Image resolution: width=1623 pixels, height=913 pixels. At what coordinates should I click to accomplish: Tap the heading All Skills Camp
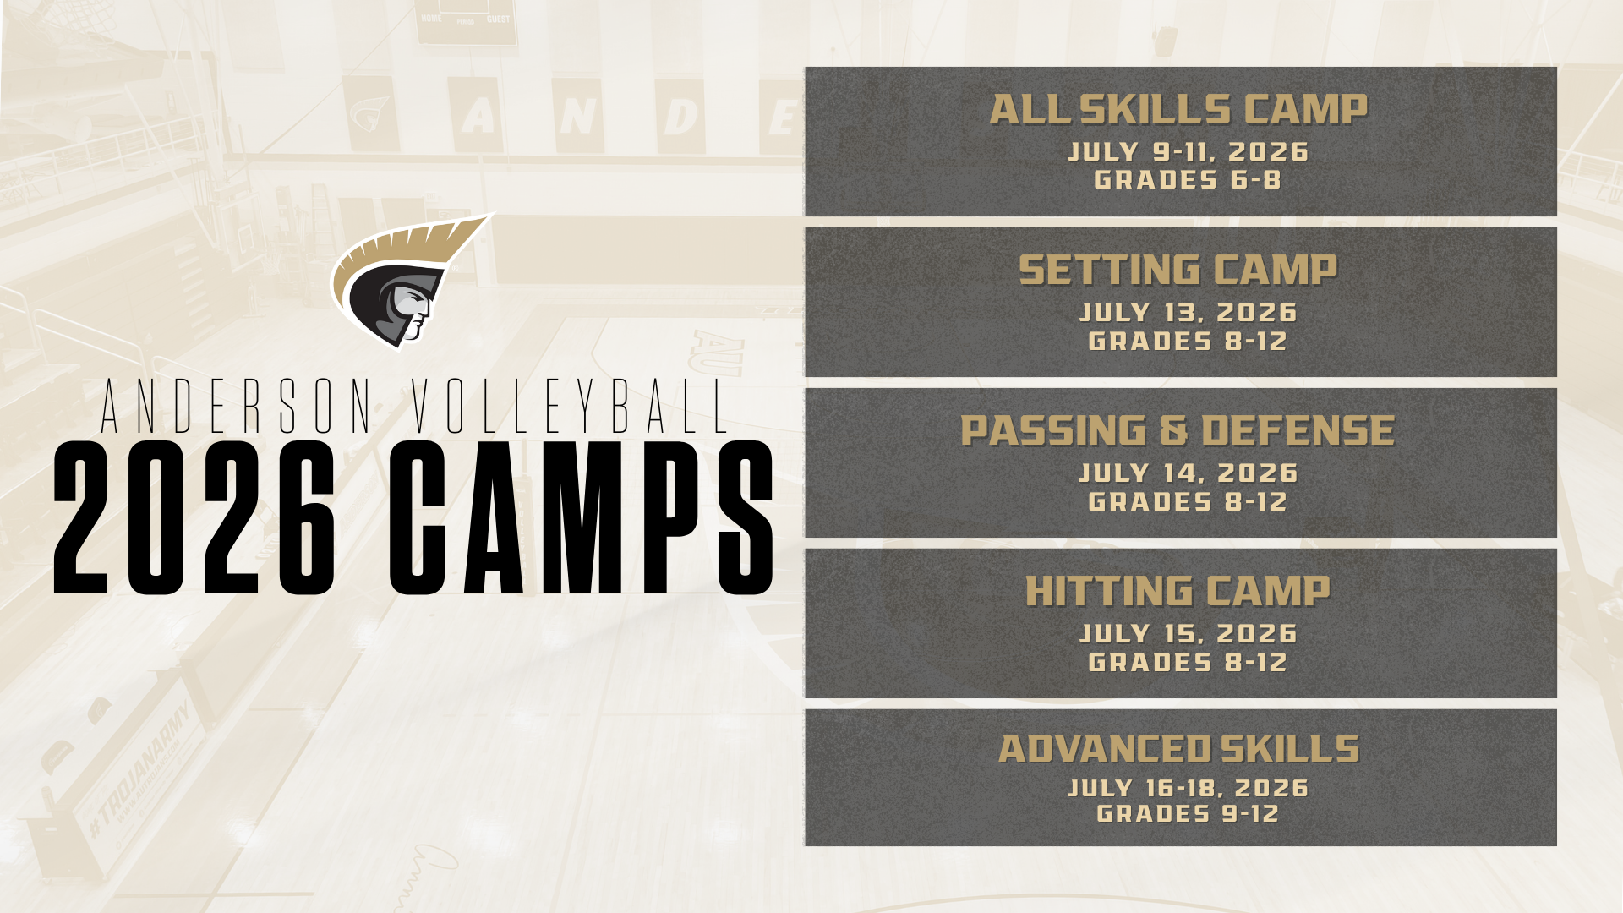point(1178,110)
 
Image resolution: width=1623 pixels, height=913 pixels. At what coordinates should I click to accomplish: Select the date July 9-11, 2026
point(1188,152)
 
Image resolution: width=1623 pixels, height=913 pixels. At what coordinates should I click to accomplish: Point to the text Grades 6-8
point(1188,180)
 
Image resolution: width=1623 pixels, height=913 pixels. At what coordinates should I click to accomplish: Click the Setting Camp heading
point(1178,271)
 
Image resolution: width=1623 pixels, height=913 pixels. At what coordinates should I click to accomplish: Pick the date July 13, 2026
point(1188,313)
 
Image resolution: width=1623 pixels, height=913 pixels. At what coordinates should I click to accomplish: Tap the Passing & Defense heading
point(1178,431)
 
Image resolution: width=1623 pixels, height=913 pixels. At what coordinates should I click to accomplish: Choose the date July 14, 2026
point(1188,473)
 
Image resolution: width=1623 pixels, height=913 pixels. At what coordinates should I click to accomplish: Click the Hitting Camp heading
point(1178,592)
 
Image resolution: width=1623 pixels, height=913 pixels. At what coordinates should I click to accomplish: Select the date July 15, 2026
point(1188,634)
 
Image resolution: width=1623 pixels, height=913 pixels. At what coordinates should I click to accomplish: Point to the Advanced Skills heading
point(1178,749)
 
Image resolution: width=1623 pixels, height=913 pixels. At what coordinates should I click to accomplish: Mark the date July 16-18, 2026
point(1188,789)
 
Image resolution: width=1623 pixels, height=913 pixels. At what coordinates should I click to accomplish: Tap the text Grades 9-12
point(1188,814)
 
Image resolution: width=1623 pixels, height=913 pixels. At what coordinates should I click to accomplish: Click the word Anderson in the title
point(237,407)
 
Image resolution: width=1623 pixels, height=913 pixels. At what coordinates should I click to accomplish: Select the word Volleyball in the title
point(571,407)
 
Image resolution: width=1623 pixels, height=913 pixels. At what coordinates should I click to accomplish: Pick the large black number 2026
point(194,518)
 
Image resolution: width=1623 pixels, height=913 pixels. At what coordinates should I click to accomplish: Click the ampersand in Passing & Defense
point(1173,431)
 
